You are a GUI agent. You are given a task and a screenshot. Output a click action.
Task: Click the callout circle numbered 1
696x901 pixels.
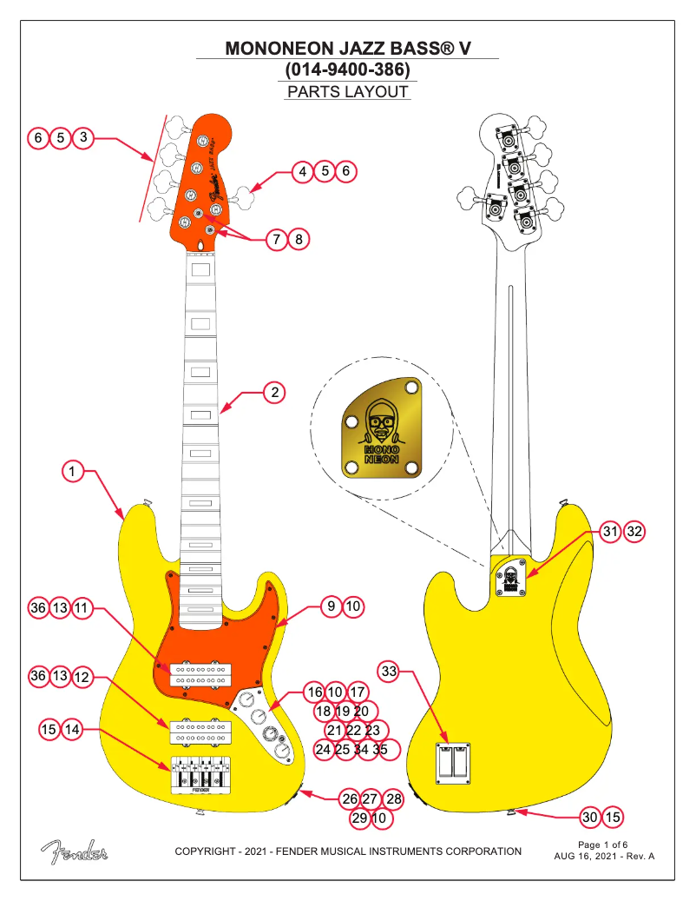74,472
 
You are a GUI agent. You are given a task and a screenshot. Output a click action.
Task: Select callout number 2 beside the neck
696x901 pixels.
275,392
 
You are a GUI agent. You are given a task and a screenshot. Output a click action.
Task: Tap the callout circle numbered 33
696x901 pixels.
390,671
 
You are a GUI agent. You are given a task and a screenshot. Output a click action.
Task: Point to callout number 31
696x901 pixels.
612,531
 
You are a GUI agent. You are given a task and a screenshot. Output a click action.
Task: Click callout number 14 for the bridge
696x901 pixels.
72,730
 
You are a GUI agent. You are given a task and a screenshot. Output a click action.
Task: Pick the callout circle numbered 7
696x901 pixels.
276,238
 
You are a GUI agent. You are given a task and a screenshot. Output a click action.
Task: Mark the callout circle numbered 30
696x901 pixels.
590,817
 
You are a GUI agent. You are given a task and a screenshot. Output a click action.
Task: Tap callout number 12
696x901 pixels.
82,676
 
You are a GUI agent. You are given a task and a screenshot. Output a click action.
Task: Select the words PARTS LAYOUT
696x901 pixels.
347,92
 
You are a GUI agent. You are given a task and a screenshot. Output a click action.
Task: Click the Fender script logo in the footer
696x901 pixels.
74,852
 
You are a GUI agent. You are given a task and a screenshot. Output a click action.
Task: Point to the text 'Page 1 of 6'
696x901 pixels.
602,844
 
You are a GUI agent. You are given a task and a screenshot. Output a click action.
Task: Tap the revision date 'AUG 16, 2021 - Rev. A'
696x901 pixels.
604,856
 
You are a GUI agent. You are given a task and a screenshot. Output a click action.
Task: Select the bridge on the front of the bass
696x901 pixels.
202,775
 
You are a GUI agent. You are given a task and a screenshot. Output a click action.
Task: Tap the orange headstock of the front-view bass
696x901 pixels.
201,178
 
